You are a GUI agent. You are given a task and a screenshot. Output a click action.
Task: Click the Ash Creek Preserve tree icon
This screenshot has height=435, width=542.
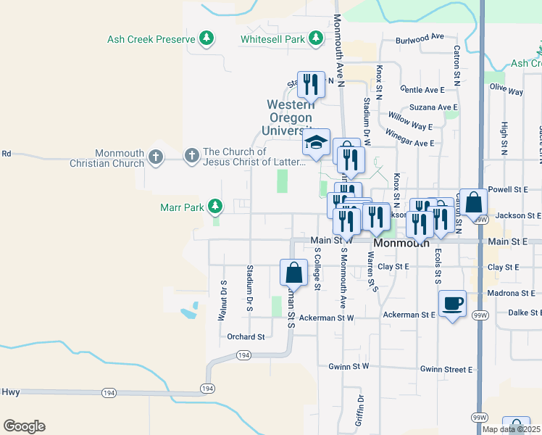click(x=207, y=38)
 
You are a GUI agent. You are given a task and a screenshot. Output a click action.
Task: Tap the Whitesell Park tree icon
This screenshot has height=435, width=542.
click(x=315, y=38)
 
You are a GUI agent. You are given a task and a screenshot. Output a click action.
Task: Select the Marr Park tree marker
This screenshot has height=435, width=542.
click(x=214, y=207)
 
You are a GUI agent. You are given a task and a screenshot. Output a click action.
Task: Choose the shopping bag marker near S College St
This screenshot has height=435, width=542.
click(x=293, y=273)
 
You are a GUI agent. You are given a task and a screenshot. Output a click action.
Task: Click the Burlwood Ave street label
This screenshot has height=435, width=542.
click(x=420, y=36)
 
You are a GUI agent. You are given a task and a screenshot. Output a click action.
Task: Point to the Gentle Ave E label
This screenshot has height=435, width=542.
click(x=422, y=90)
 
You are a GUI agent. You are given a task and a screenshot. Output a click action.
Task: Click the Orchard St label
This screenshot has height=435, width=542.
click(x=245, y=336)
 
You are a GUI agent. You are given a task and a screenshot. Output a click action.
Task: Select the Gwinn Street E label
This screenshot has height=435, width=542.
click(x=446, y=369)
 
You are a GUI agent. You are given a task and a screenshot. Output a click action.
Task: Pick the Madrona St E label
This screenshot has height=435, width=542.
click(x=512, y=293)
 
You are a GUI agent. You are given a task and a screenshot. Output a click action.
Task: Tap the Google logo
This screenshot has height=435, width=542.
click(x=24, y=426)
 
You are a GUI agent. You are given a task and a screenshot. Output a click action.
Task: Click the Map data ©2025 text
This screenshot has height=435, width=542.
click(x=510, y=429)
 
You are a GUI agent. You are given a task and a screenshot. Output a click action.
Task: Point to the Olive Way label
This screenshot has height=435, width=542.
click(x=506, y=89)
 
